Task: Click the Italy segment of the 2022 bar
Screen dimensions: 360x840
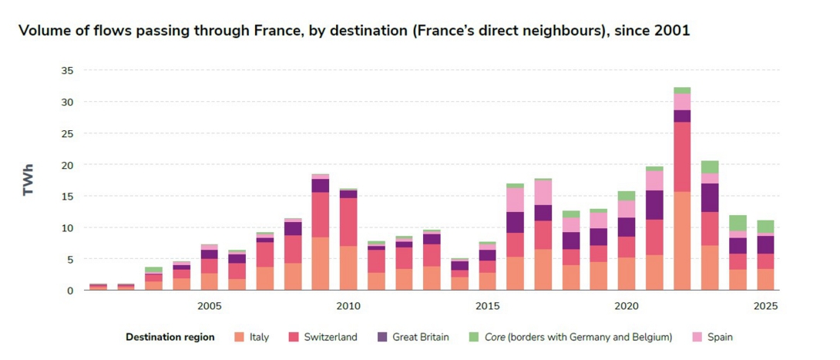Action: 681,241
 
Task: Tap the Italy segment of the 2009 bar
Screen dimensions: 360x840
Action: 321,264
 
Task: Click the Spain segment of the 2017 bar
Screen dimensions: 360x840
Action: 543,192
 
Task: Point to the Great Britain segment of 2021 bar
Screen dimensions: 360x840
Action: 654,205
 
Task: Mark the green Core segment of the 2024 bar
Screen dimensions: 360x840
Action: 738,223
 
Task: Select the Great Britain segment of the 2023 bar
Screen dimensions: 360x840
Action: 710,197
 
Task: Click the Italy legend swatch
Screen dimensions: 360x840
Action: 240,337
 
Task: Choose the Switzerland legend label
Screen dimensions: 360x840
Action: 329,337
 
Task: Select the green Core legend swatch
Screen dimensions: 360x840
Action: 473,337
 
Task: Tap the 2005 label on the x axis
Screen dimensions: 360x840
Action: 209,306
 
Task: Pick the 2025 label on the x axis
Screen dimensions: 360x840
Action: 764,306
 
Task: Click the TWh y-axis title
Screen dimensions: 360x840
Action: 29,180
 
